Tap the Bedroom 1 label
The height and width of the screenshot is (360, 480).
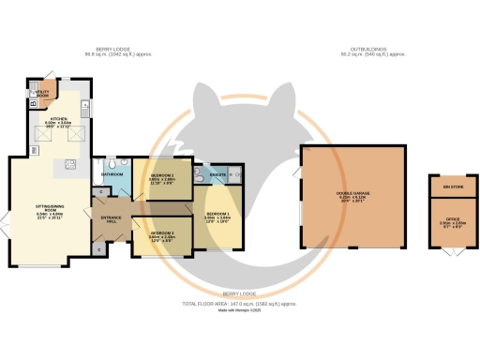click(x=217, y=216)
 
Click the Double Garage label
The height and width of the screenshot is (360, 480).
click(x=352, y=195)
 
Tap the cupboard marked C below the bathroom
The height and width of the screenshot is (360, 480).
click(x=101, y=191)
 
